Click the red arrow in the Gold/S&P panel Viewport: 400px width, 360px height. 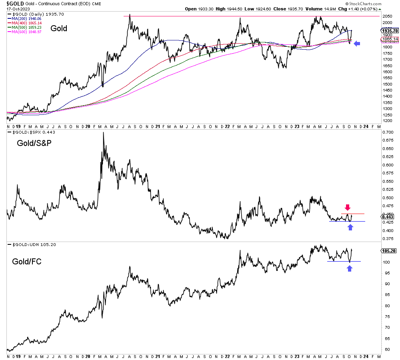tap(348, 207)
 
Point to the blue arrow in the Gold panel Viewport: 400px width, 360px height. tap(357, 44)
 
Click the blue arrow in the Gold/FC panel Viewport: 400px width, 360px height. tap(350, 268)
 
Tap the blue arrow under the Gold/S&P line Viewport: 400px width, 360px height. tap(350, 227)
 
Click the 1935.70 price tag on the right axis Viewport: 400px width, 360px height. tap(390, 31)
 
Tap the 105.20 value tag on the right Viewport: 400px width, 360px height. tap(388, 251)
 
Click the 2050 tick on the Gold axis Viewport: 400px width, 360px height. tap(386, 16)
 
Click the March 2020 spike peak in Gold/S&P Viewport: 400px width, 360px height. tap(103, 133)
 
